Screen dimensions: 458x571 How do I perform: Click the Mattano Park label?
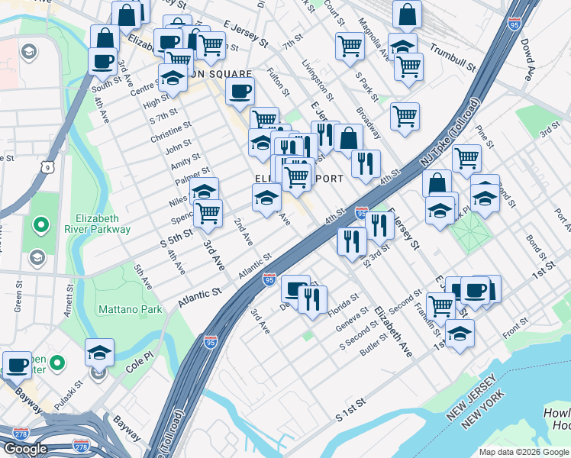[x=130, y=309]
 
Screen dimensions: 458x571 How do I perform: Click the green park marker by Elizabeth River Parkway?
[x=41, y=226]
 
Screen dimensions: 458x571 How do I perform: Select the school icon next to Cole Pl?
[x=99, y=353]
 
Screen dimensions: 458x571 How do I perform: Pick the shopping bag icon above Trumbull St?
[x=408, y=15]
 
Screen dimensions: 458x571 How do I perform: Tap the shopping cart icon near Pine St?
[x=466, y=158]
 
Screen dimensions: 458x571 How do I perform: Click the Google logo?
[x=24, y=449]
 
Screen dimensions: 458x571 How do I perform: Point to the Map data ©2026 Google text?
[x=524, y=452]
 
